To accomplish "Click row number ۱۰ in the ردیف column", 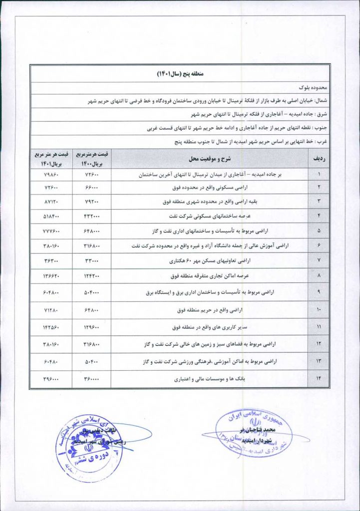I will pos(319,310).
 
